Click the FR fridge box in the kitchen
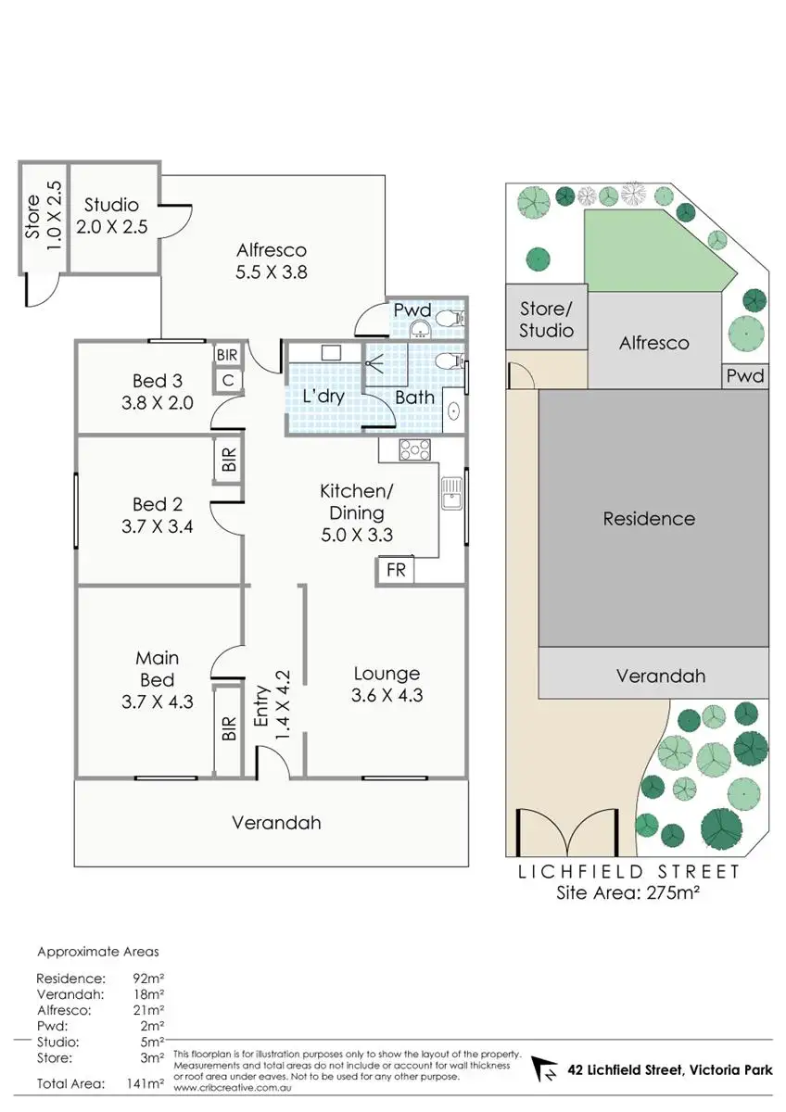(396, 570)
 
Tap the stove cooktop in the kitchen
(414, 450)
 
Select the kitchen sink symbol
(451, 494)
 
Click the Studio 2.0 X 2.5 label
(110, 215)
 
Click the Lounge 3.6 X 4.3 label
(387, 684)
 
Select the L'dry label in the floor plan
(323, 397)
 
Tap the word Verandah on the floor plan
(276, 822)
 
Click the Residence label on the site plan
(649, 519)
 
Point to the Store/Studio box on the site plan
(546, 320)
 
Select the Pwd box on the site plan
(745, 376)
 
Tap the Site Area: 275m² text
(627, 894)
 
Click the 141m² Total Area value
(148, 1082)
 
